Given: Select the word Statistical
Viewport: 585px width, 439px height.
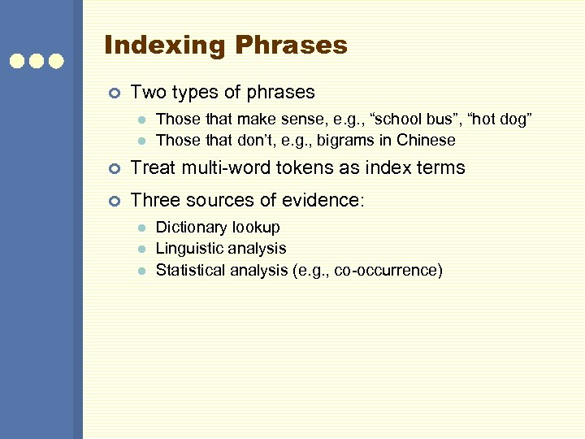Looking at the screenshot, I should [x=188, y=269].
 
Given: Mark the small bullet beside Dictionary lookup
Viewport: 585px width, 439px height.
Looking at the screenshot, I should [x=141, y=228].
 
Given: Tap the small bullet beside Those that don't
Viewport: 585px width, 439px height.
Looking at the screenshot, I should [x=141, y=141].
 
